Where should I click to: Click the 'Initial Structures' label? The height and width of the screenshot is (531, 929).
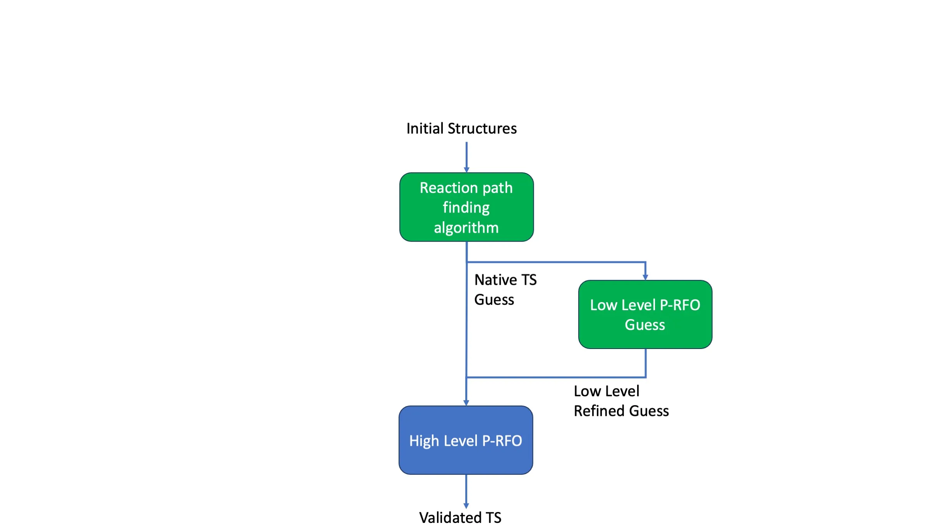point(461,129)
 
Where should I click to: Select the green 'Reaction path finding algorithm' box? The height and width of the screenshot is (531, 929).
point(466,207)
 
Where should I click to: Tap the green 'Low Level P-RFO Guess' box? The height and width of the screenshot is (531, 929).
point(645,314)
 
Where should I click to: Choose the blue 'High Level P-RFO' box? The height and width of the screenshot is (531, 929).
point(466,440)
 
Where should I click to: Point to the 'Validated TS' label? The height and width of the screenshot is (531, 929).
point(460,517)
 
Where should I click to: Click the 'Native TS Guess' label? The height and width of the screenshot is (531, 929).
point(506,290)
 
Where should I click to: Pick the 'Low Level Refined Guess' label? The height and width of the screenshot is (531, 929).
point(621,401)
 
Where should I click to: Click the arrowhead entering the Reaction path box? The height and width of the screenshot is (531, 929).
point(466,170)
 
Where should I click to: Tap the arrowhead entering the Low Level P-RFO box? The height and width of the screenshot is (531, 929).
point(645,277)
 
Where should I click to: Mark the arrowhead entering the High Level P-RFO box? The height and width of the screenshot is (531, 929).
point(466,403)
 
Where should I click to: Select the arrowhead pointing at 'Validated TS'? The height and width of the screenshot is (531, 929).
point(466,506)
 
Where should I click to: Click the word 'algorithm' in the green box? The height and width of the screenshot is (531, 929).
point(466,228)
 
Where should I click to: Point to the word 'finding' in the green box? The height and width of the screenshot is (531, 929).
point(466,208)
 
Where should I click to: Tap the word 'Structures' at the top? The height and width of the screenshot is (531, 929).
point(482,129)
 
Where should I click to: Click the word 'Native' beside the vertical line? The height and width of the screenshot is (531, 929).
point(496,280)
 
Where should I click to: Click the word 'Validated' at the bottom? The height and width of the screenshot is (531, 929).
point(451,517)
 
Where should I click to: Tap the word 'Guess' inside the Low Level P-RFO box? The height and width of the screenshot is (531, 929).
point(645,325)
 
